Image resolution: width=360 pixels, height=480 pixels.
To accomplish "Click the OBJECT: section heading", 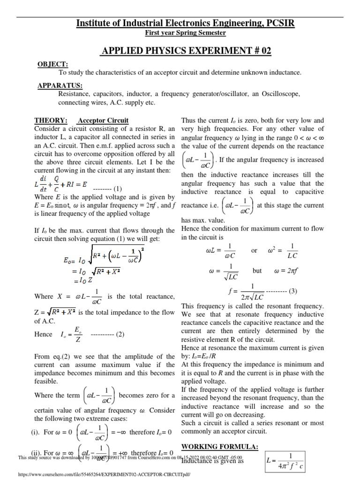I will point(52,64).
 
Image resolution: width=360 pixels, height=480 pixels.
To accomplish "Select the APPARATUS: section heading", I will point(60,85).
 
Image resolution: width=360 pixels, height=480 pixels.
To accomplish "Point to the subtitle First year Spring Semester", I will point(185,33).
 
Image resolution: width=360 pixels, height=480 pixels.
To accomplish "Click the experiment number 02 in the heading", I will point(263,51).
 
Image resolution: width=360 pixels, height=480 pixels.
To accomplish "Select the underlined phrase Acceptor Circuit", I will point(103,120).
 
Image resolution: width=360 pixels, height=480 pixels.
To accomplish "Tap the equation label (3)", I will point(293,291).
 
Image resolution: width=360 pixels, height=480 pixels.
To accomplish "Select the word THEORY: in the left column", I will point(51,120).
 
